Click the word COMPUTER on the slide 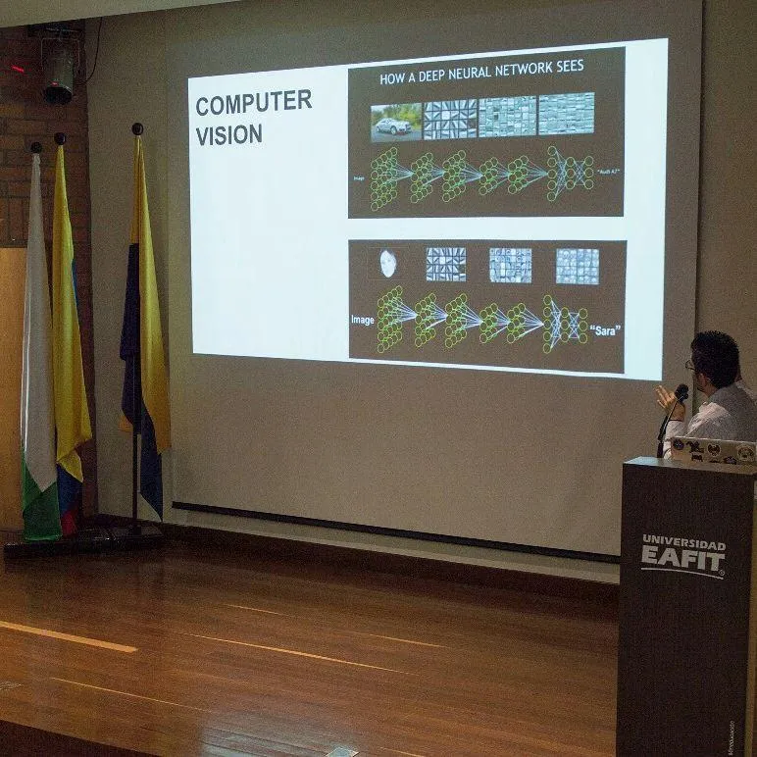pos(253,102)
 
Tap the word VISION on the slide pos(228,134)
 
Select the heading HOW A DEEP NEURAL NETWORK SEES pos(480,68)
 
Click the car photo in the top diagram pos(395,121)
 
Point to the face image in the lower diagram pos(388,263)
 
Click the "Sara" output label pos(606,330)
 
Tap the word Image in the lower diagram pos(362,320)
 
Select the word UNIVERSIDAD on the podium pos(683,542)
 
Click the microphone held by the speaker pos(680,394)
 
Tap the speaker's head pos(716,359)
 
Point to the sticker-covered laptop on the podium pos(713,450)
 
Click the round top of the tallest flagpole pos(137,128)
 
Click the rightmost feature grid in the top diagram pos(566,114)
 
